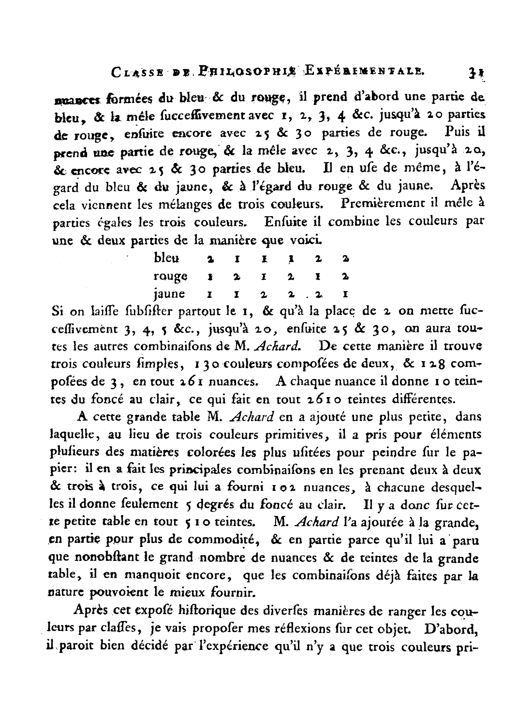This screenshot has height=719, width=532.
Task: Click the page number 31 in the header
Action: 472,73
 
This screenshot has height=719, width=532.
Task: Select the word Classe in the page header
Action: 140,74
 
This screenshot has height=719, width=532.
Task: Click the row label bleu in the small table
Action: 167,258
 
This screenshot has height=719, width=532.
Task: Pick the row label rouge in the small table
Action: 170,276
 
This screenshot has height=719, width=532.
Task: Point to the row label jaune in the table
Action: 169,293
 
